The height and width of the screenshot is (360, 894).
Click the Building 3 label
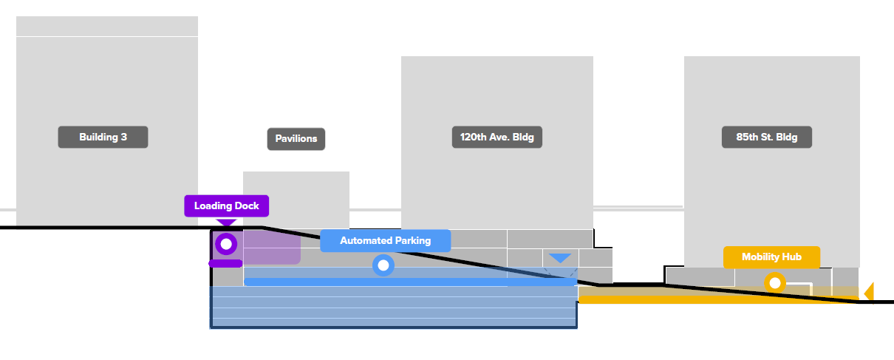[x=103, y=137]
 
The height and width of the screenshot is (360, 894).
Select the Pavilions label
[x=296, y=139]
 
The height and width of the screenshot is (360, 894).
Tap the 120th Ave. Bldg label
[x=497, y=137]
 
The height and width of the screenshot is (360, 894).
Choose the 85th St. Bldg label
[x=766, y=137]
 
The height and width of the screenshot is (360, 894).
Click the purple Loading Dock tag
[x=226, y=206]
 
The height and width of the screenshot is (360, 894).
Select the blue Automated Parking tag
[x=385, y=241]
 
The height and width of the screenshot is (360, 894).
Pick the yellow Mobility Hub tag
[x=771, y=257]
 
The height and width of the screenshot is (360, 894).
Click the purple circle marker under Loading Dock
[x=226, y=243]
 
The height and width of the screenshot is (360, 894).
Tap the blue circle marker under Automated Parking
[x=383, y=265]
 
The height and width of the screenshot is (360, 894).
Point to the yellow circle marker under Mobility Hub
[x=774, y=282]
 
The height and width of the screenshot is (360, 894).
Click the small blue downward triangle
[x=560, y=258]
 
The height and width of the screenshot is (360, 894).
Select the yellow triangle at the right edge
[x=869, y=291]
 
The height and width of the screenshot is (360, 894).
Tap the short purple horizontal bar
[x=225, y=263]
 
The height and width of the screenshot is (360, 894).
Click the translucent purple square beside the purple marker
[x=272, y=247]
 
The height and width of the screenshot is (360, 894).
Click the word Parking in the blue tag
[x=412, y=241]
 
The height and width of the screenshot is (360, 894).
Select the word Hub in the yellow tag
[x=791, y=257]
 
